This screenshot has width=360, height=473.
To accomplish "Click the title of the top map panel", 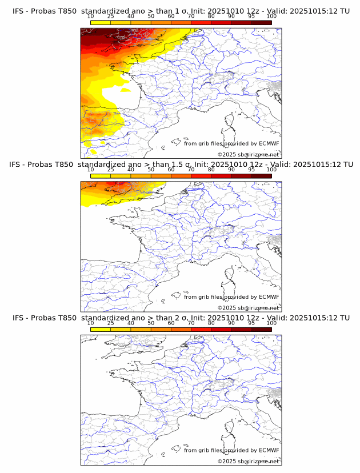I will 181,11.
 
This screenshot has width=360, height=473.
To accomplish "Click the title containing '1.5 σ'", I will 181,165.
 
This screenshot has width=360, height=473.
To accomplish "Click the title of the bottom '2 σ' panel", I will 181,318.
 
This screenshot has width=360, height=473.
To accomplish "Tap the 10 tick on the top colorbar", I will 90,17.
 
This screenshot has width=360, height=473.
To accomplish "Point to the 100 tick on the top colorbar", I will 271,17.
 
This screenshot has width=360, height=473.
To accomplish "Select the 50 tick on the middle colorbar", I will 151,170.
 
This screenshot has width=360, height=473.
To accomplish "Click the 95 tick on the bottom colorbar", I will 251,323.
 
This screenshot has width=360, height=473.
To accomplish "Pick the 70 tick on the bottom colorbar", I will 191,323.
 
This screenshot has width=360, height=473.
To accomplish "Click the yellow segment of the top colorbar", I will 100,23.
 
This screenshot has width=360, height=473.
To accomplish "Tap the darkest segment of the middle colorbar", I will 261,176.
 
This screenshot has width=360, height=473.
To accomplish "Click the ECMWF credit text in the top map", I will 231,144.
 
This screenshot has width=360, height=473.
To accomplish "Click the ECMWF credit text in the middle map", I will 231,297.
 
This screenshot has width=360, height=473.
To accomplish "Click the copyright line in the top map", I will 248,154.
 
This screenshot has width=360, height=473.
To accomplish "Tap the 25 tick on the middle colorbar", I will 110,170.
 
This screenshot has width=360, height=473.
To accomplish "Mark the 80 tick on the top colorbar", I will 211,17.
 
